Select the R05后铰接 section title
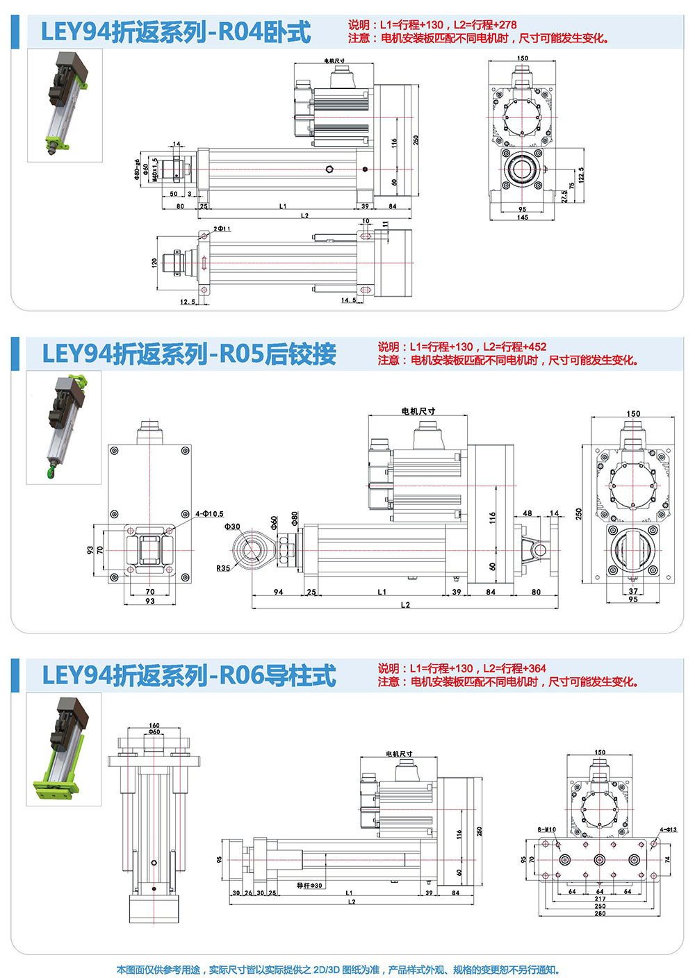click(x=189, y=354)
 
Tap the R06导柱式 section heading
click(x=189, y=676)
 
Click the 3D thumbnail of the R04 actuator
click(x=65, y=105)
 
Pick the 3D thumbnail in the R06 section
click(x=64, y=749)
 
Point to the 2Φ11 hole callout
click(x=222, y=229)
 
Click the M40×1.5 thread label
click(x=155, y=170)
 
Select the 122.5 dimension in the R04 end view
click(x=581, y=174)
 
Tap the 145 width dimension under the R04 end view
click(x=522, y=217)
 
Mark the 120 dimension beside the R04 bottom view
click(x=154, y=263)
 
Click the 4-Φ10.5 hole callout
click(x=209, y=514)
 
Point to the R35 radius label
click(x=222, y=568)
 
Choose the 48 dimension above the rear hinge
click(x=528, y=513)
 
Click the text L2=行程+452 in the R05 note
click(x=515, y=347)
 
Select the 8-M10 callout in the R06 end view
click(x=546, y=829)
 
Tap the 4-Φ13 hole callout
click(x=668, y=829)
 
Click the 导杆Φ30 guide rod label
click(x=309, y=886)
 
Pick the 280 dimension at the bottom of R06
click(x=600, y=913)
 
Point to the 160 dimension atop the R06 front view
click(x=154, y=725)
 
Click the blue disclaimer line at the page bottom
click(x=338, y=970)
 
